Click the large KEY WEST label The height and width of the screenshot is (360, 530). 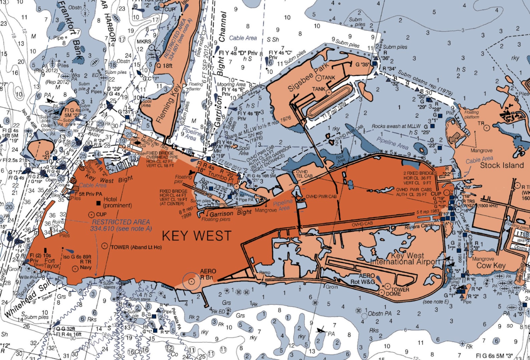pyautogui.click(x=197, y=236)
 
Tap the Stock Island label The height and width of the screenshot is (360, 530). pyautogui.click(x=502, y=165)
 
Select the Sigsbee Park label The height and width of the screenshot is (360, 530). pyautogui.click(x=308, y=77)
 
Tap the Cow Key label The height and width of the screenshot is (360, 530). pyautogui.click(x=491, y=265)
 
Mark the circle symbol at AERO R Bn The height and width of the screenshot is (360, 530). pyautogui.click(x=191, y=282)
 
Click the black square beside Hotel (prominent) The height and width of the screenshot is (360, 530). pyautogui.click(x=98, y=203)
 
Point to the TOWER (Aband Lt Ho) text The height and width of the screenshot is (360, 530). pyautogui.click(x=136, y=247)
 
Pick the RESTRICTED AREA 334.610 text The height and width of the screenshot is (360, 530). pyautogui.click(x=121, y=225)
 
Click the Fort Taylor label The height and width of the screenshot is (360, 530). pyautogui.click(x=52, y=263)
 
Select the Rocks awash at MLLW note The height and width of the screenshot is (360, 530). pyautogui.click(x=396, y=126)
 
